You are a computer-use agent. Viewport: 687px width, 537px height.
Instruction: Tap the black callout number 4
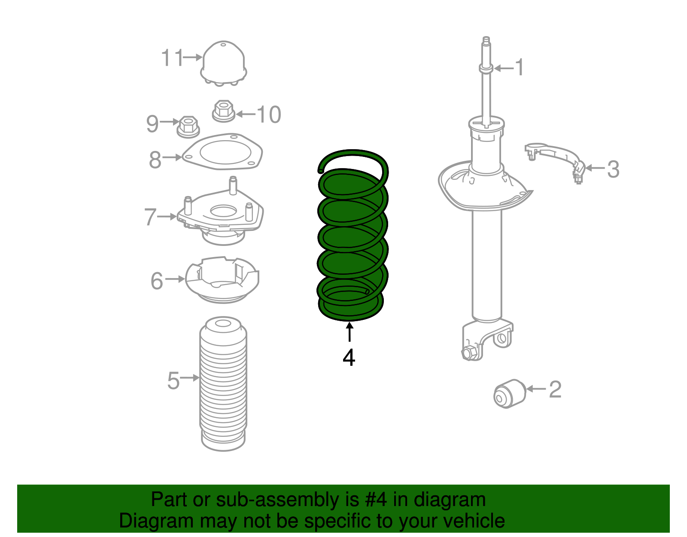point(349,357)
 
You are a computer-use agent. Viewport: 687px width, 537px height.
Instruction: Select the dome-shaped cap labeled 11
point(223,64)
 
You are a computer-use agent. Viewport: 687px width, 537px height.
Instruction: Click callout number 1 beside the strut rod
point(520,68)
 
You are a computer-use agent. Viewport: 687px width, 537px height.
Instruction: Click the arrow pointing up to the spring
point(350,331)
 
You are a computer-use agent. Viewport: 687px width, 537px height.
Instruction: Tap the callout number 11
point(172,58)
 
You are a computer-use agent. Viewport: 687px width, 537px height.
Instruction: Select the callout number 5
point(173,381)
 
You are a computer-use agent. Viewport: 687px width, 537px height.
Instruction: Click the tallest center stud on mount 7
point(232,186)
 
